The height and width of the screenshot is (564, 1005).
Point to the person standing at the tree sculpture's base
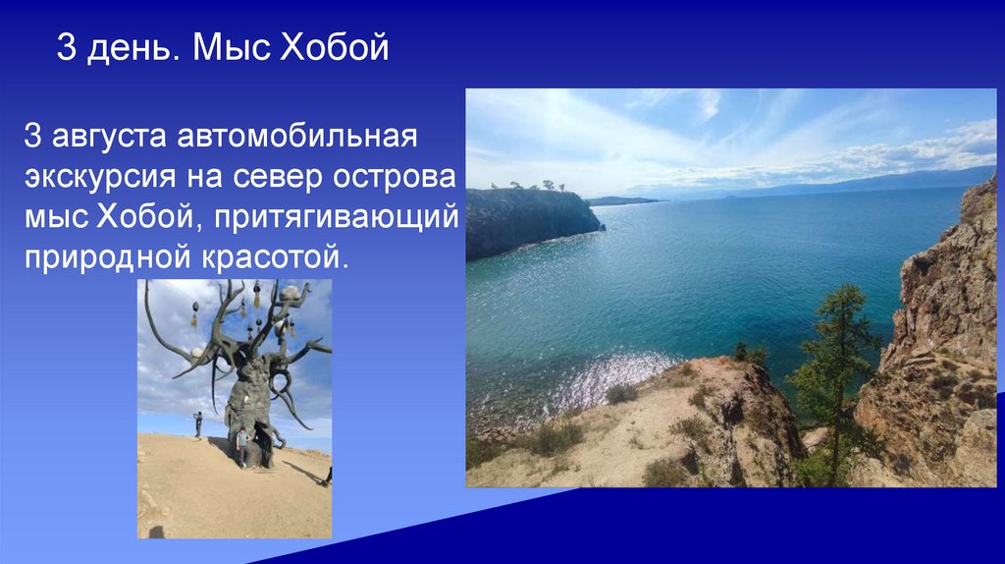click(x=240, y=445)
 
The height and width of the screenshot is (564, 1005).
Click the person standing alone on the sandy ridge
click(x=197, y=423)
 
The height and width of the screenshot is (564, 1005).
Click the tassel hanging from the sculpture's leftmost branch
click(x=194, y=316)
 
